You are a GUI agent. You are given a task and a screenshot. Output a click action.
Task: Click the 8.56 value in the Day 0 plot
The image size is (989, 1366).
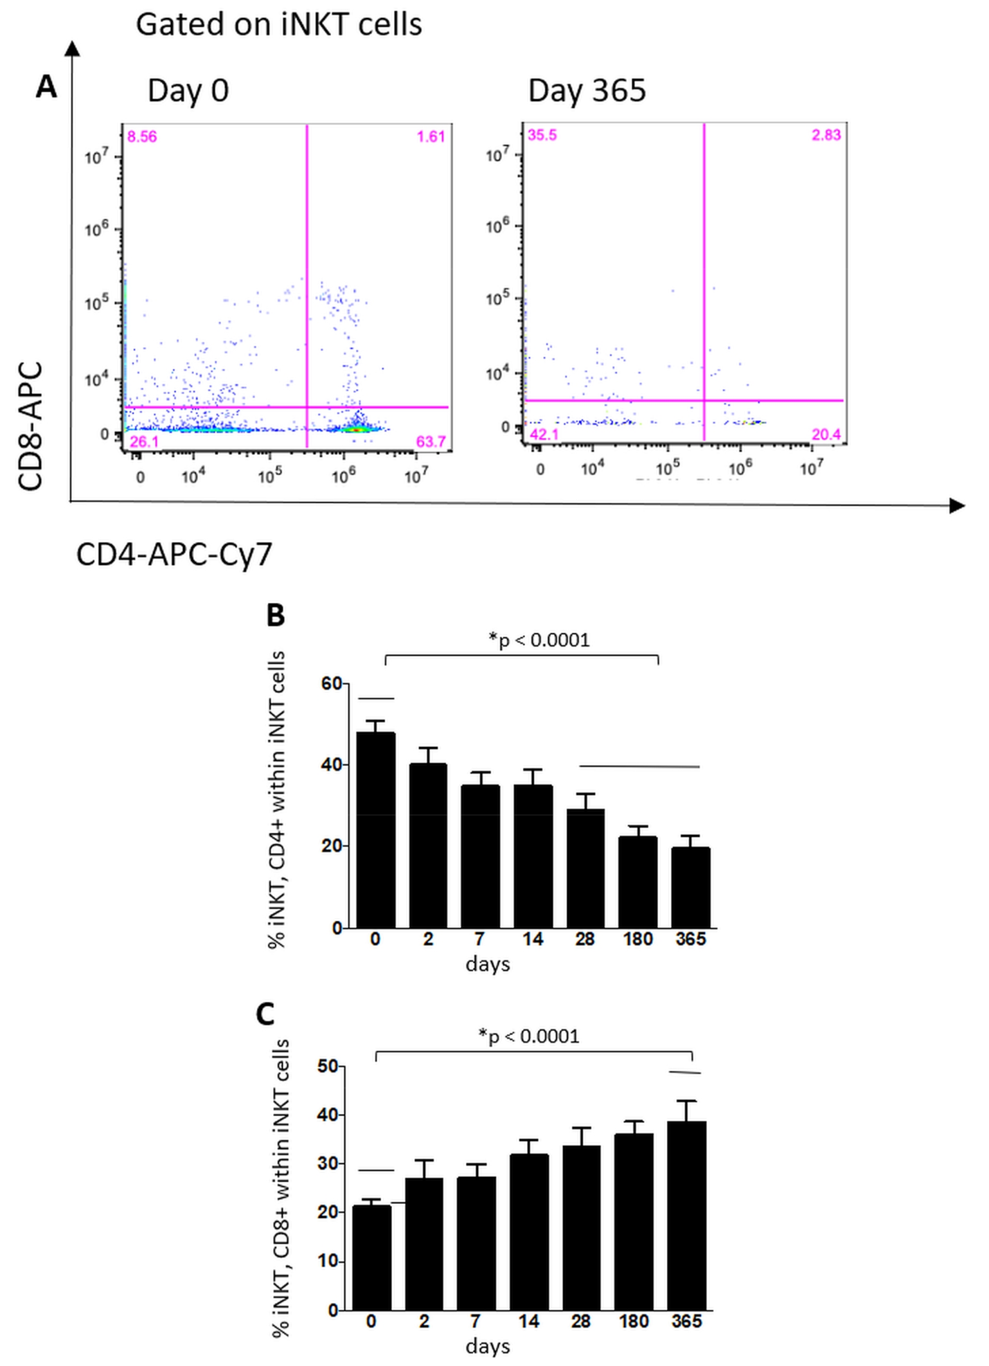coord(142,137)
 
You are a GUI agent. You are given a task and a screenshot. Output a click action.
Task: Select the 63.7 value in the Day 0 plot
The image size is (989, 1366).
coord(431,441)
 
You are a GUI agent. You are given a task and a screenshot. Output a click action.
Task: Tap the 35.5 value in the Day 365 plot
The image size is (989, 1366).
coord(542,135)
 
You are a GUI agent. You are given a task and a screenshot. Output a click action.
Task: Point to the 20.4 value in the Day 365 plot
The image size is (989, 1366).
coord(826,434)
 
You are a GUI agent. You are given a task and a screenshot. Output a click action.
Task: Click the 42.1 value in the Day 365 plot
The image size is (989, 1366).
coord(544,435)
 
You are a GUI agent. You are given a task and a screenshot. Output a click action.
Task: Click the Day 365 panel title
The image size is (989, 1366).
coord(587,91)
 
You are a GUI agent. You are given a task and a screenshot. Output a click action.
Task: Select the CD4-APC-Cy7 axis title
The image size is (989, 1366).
coord(174,555)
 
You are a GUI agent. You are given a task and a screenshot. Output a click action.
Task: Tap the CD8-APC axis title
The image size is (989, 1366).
coord(30,426)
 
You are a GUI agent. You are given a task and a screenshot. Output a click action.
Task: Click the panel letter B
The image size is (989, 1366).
coord(276,615)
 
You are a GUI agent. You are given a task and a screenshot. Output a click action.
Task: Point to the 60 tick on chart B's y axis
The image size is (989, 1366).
coord(331,684)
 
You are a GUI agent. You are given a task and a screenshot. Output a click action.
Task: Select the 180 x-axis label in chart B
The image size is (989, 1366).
coord(637,940)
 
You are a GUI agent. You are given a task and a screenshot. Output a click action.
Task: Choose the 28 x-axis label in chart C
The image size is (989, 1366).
coord(580,1322)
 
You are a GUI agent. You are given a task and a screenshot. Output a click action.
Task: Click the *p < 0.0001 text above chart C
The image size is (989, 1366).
coord(528,1036)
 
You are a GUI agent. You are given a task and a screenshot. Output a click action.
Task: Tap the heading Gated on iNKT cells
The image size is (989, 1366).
coord(278,25)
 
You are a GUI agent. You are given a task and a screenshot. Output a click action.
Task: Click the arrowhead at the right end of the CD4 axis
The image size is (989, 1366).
coord(957,505)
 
